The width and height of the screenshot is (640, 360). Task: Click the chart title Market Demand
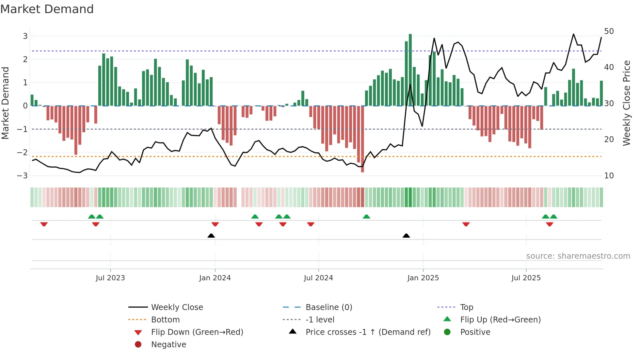(x=47, y=9)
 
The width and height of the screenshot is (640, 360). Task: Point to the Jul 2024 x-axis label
(x=318, y=278)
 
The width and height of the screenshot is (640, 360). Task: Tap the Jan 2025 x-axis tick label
(x=423, y=278)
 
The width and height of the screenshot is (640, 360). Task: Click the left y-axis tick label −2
(x=22, y=153)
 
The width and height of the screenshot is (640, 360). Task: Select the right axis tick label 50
(x=609, y=31)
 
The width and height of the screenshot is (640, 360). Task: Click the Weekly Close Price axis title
(x=626, y=103)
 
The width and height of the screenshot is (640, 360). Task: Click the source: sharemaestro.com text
(x=578, y=256)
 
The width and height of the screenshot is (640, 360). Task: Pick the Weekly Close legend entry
(x=177, y=307)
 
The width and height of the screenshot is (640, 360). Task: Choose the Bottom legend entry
(x=165, y=320)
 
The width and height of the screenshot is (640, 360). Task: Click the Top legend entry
(x=466, y=307)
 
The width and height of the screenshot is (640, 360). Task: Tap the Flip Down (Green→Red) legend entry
(x=197, y=332)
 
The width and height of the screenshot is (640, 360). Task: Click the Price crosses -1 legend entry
(x=368, y=332)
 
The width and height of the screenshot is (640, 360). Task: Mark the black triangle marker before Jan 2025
(x=406, y=236)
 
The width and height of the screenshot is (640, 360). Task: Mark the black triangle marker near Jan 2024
(x=211, y=236)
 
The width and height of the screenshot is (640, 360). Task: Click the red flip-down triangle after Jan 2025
(x=466, y=224)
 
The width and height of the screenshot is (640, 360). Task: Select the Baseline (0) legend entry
(x=328, y=307)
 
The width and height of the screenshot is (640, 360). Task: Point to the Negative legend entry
(x=168, y=345)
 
